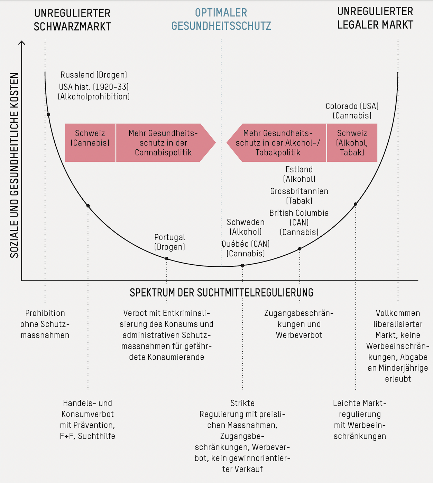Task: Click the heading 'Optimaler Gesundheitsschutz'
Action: pos(221,19)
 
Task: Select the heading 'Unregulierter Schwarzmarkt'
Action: pos(72,20)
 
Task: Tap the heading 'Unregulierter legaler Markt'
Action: pos(375,18)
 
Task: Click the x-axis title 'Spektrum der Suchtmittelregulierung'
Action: pos(221,293)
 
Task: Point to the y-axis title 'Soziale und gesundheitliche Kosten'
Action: pos(15,165)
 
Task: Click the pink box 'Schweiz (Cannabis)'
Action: pos(90,142)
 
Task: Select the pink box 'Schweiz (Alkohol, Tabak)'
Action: pos(352,142)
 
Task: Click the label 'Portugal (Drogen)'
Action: pos(169,242)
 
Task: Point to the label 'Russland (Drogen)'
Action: pos(94,75)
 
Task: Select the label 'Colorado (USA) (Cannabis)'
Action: pos(352,111)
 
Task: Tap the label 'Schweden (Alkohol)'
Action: pos(246,227)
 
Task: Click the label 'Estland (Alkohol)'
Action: pos(299,174)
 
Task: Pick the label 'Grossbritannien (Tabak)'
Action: pos(299,196)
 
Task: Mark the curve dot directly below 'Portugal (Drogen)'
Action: pos(167,258)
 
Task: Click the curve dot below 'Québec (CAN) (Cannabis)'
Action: pos(242,265)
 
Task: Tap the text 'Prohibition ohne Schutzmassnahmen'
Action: pos(45,324)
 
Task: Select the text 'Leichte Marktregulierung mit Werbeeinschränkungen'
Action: pos(360,419)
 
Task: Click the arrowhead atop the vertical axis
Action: pos(22,42)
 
